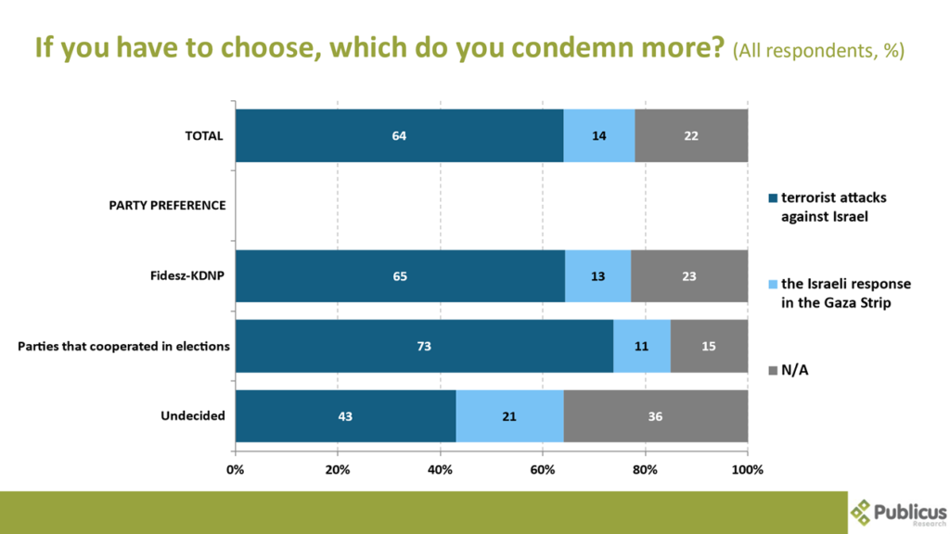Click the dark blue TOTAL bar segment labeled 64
(399, 135)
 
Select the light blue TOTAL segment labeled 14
(599, 135)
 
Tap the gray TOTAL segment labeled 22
(691, 135)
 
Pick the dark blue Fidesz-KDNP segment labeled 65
(400, 276)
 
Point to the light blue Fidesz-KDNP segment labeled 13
(598, 276)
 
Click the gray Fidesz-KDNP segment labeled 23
(689, 276)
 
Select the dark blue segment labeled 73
(424, 346)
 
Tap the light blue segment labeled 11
(642, 346)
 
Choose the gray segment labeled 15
(709, 346)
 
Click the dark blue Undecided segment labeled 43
(345, 416)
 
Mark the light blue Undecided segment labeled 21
(509, 416)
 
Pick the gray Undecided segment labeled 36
(655, 416)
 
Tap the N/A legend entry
(793, 370)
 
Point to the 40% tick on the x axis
(440, 470)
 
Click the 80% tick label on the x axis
(646, 470)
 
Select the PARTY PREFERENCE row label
(162, 205)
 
